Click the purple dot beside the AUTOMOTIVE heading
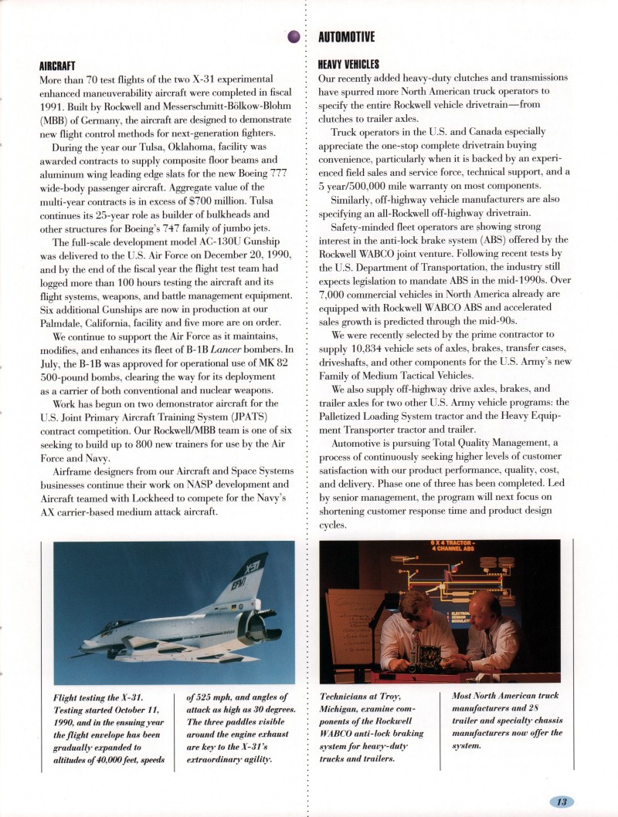coord(294,36)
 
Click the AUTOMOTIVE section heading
coord(347,37)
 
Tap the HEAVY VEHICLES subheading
coord(348,66)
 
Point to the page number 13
coord(562,802)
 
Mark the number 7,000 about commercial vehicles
coord(337,294)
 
